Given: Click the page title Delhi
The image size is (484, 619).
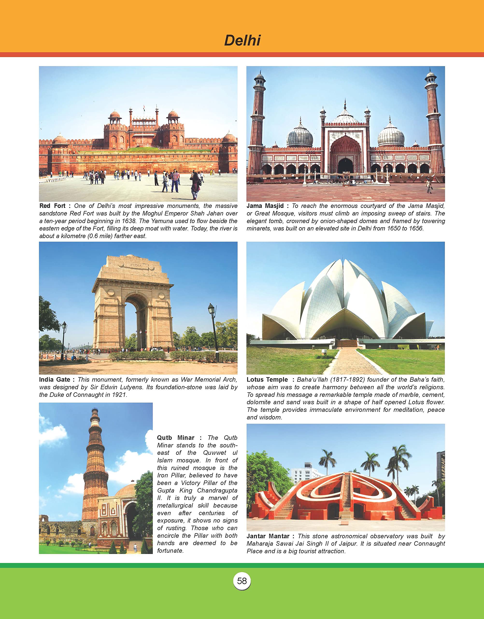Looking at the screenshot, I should pyautogui.click(x=242, y=40).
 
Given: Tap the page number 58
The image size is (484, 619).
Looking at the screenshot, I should pyautogui.click(x=242, y=581).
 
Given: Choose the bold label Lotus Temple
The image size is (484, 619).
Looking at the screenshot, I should pyautogui.click(x=267, y=380).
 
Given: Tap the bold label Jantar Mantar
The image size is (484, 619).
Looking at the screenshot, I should pyautogui.click(x=268, y=536).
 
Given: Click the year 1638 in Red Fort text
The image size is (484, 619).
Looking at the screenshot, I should pyautogui.click(x=129, y=221).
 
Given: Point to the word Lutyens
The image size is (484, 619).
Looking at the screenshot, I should pyautogui.click(x=131, y=387).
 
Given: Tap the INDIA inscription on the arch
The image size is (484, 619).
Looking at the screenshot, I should pyautogui.click(x=136, y=265).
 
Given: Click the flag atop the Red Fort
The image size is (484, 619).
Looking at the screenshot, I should pyautogui.click(x=144, y=107).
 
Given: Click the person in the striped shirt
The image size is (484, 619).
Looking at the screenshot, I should pyautogui.click(x=175, y=180).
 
